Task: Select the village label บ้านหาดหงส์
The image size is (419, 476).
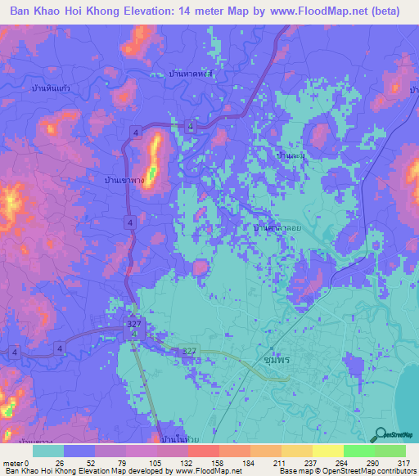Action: [x=190, y=74]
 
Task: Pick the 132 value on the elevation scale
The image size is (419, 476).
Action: [x=186, y=464]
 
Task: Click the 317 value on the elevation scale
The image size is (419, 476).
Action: [x=403, y=464]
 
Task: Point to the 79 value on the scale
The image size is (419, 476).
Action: [x=124, y=464]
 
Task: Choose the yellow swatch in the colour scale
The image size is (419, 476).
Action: [x=327, y=451]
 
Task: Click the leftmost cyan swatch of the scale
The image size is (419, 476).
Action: [x=47, y=451]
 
